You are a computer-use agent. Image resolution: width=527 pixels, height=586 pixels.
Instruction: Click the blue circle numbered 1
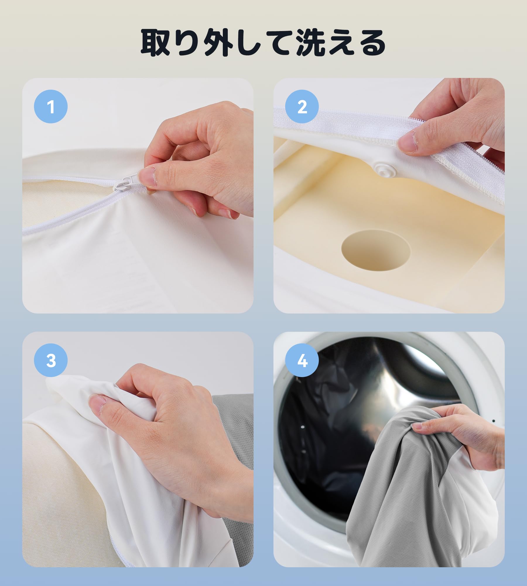pyautogui.click(x=51, y=106)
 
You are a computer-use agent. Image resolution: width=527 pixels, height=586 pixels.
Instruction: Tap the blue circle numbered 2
pyautogui.click(x=302, y=106)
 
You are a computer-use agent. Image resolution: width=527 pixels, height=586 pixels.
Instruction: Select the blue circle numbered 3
pyautogui.click(x=51, y=360)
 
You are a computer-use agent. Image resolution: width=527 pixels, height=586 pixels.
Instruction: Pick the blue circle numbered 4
pyautogui.click(x=302, y=360)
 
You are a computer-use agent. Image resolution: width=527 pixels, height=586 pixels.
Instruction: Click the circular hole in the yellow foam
pyautogui.click(x=376, y=250)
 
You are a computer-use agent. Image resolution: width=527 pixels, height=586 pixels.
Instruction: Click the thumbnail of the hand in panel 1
pyautogui.click(x=146, y=177)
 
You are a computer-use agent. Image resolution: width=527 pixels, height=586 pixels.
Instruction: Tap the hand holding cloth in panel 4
pyautogui.click(x=460, y=437)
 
